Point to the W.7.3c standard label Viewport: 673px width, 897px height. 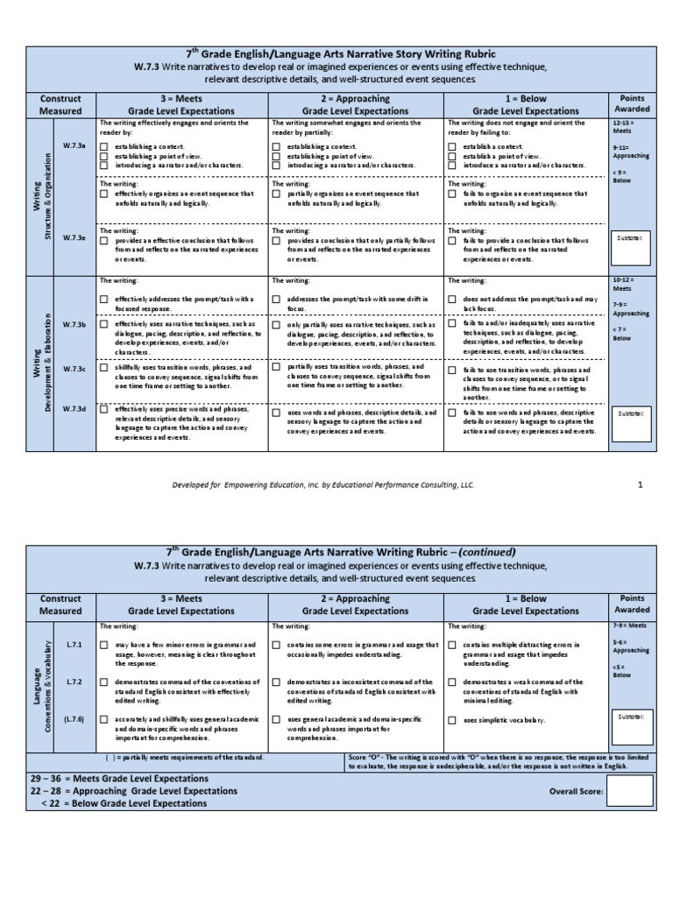tap(73, 369)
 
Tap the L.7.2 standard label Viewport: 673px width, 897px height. tap(73, 681)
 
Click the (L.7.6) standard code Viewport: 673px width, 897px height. tap(73, 719)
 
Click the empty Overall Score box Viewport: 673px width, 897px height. tap(629, 791)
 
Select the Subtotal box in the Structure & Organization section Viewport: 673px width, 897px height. tap(629, 247)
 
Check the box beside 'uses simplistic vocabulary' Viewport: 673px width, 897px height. tap(452, 720)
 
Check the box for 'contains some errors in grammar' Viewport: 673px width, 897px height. tap(277, 645)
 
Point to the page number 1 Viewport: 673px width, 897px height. tap(640, 483)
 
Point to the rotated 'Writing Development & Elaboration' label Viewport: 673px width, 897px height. tap(41, 362)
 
